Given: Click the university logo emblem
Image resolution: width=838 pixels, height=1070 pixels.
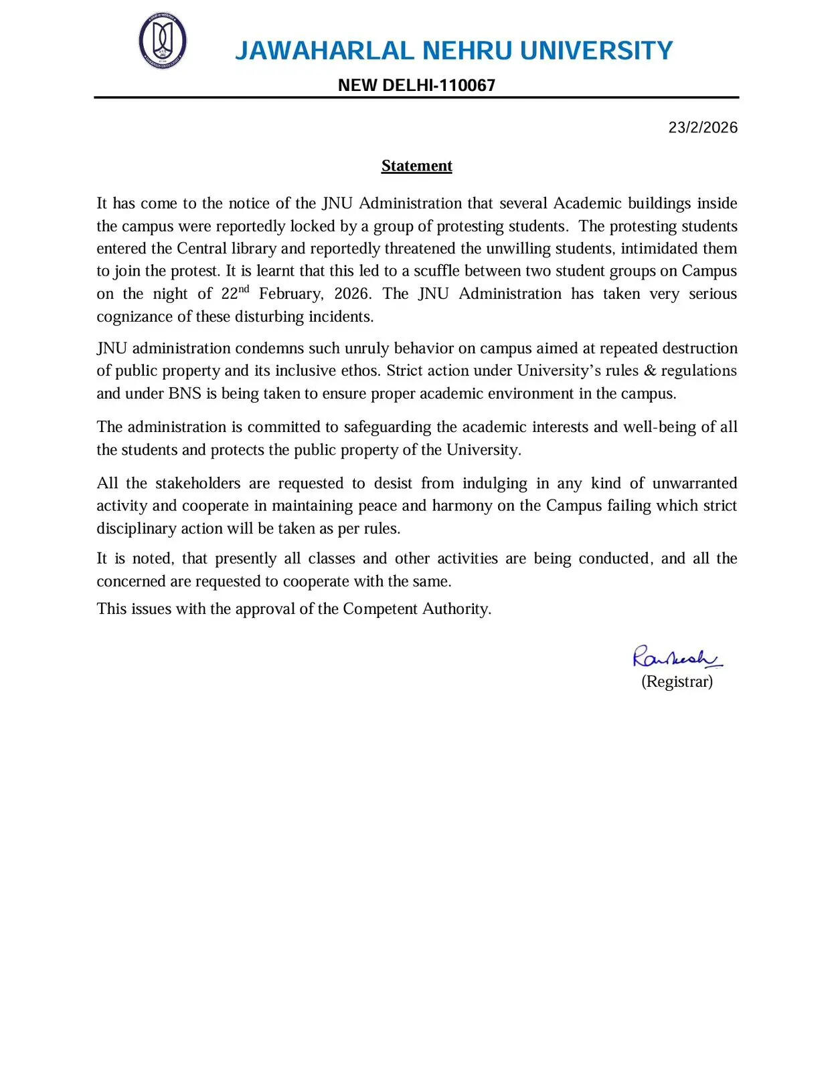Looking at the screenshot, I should point(163,41).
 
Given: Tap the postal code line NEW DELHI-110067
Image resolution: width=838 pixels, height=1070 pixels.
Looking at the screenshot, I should point(416,86).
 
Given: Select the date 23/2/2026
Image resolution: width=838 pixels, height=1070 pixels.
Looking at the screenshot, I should point(703,128).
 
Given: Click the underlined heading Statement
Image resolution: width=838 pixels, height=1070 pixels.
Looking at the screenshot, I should point(416,166).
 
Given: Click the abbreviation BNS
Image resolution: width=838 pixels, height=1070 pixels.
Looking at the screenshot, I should point(185,394).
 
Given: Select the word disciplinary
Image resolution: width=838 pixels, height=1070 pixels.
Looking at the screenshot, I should point(135,529).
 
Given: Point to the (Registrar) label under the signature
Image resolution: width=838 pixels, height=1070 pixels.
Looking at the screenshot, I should point(677,681).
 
